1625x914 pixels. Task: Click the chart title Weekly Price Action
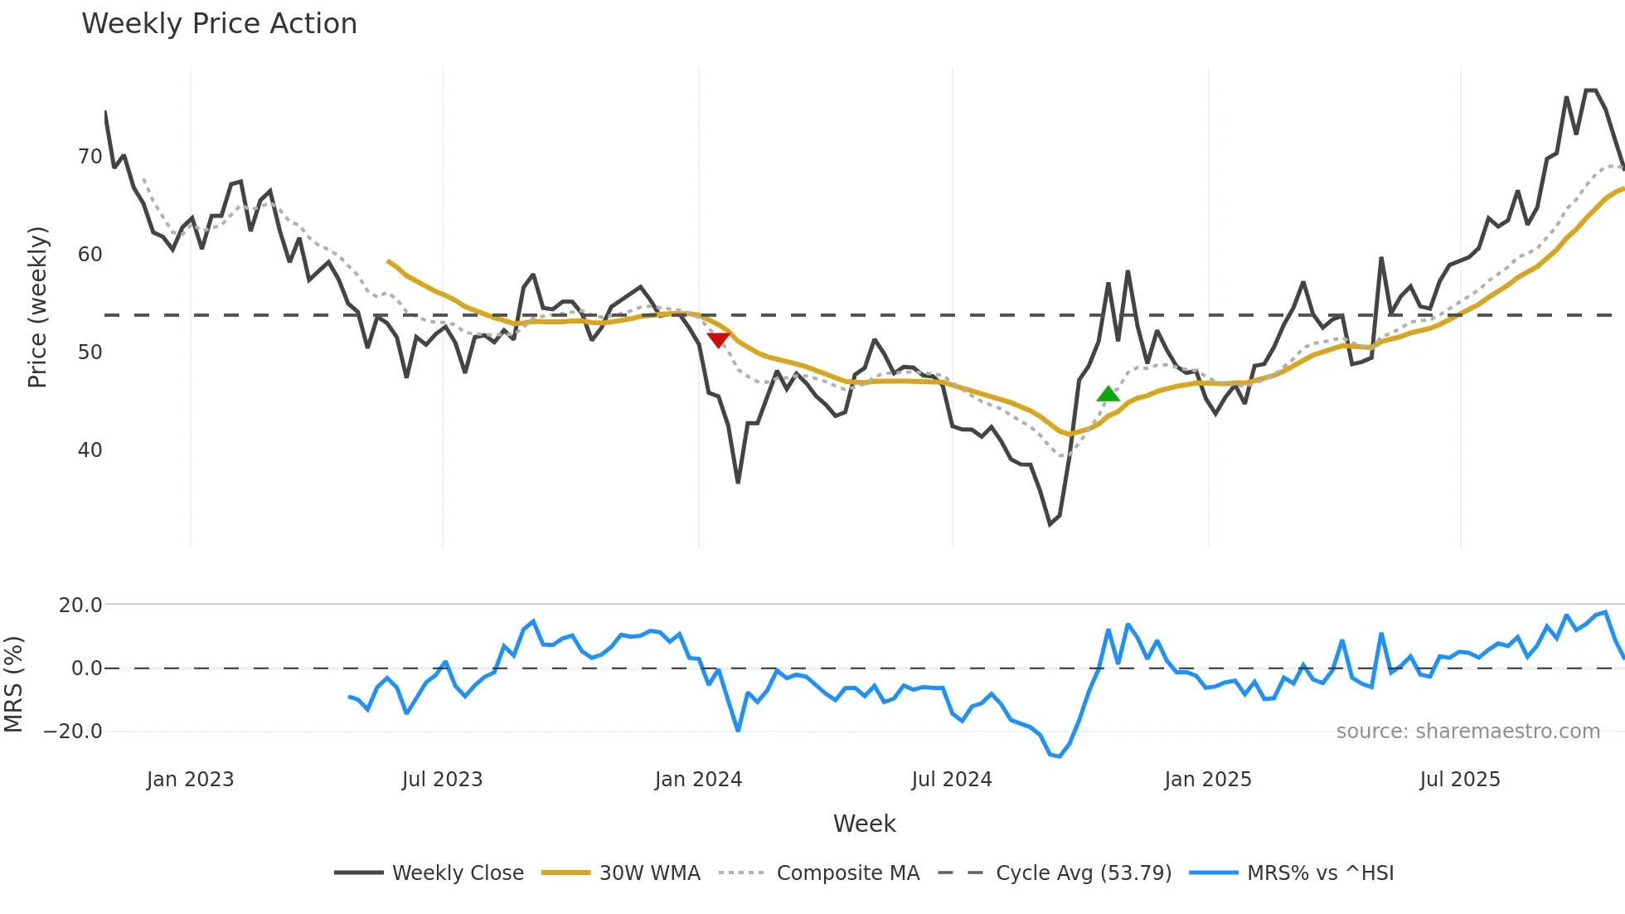[x=219, y=24]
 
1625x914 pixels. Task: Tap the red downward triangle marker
[x=718, y=339]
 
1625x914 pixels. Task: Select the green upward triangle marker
[x=1108, y=394]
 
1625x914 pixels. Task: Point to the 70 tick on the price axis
[x=90, y=157]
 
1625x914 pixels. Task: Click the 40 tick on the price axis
[x=90, y=450]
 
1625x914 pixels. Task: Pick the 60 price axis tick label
[x=90, y=255]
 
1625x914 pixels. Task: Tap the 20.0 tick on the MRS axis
[x=80, y=605]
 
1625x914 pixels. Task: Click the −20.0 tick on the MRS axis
[x=73, y=732]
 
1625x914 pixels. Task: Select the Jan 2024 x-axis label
[x=698, y=780]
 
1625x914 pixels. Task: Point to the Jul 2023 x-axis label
[x=442, y=780]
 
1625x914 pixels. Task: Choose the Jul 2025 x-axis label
[x=1459, y=780]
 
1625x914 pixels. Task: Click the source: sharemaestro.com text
[x=1467, y=732]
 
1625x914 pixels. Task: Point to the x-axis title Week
[x=864, y=824]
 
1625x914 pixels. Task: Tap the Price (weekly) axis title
[x=37, y=307]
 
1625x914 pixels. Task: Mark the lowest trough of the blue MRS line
[x=1059, y=756]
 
